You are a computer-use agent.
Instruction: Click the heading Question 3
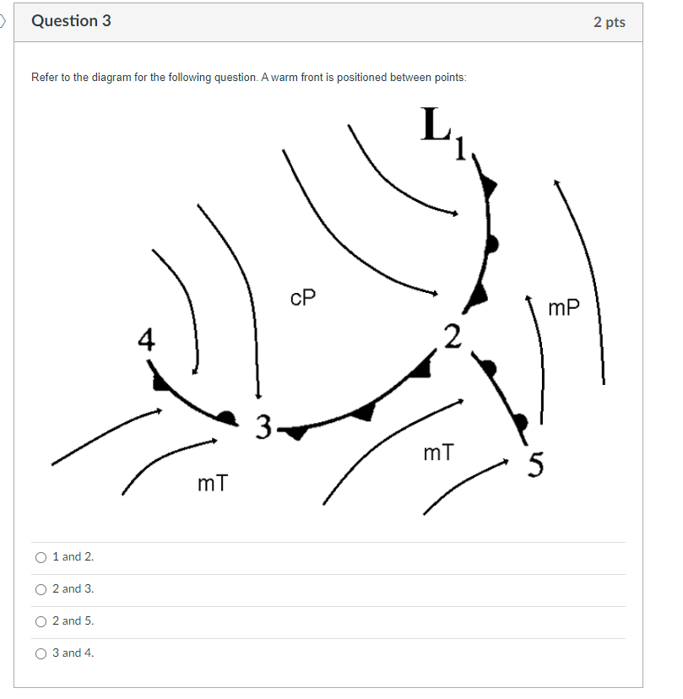coord(71,21)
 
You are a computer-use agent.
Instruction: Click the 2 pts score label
coord(609,22)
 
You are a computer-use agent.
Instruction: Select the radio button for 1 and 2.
coord(41,557)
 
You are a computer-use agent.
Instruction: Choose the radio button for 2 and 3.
coord(41,589)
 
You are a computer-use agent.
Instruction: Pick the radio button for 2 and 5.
coord(41,621)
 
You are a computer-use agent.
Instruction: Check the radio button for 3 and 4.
coord(41,653)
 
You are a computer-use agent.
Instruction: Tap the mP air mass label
coord(564,308)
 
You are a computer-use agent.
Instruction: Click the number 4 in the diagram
coord(147,340)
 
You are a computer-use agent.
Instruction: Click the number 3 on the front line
coord(264,426)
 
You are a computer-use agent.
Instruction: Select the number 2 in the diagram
coord(453,336)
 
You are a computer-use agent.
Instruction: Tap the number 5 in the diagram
coord(535,464)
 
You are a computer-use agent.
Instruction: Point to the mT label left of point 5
coord(438,453)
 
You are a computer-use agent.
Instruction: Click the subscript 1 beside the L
coord(460,149)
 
